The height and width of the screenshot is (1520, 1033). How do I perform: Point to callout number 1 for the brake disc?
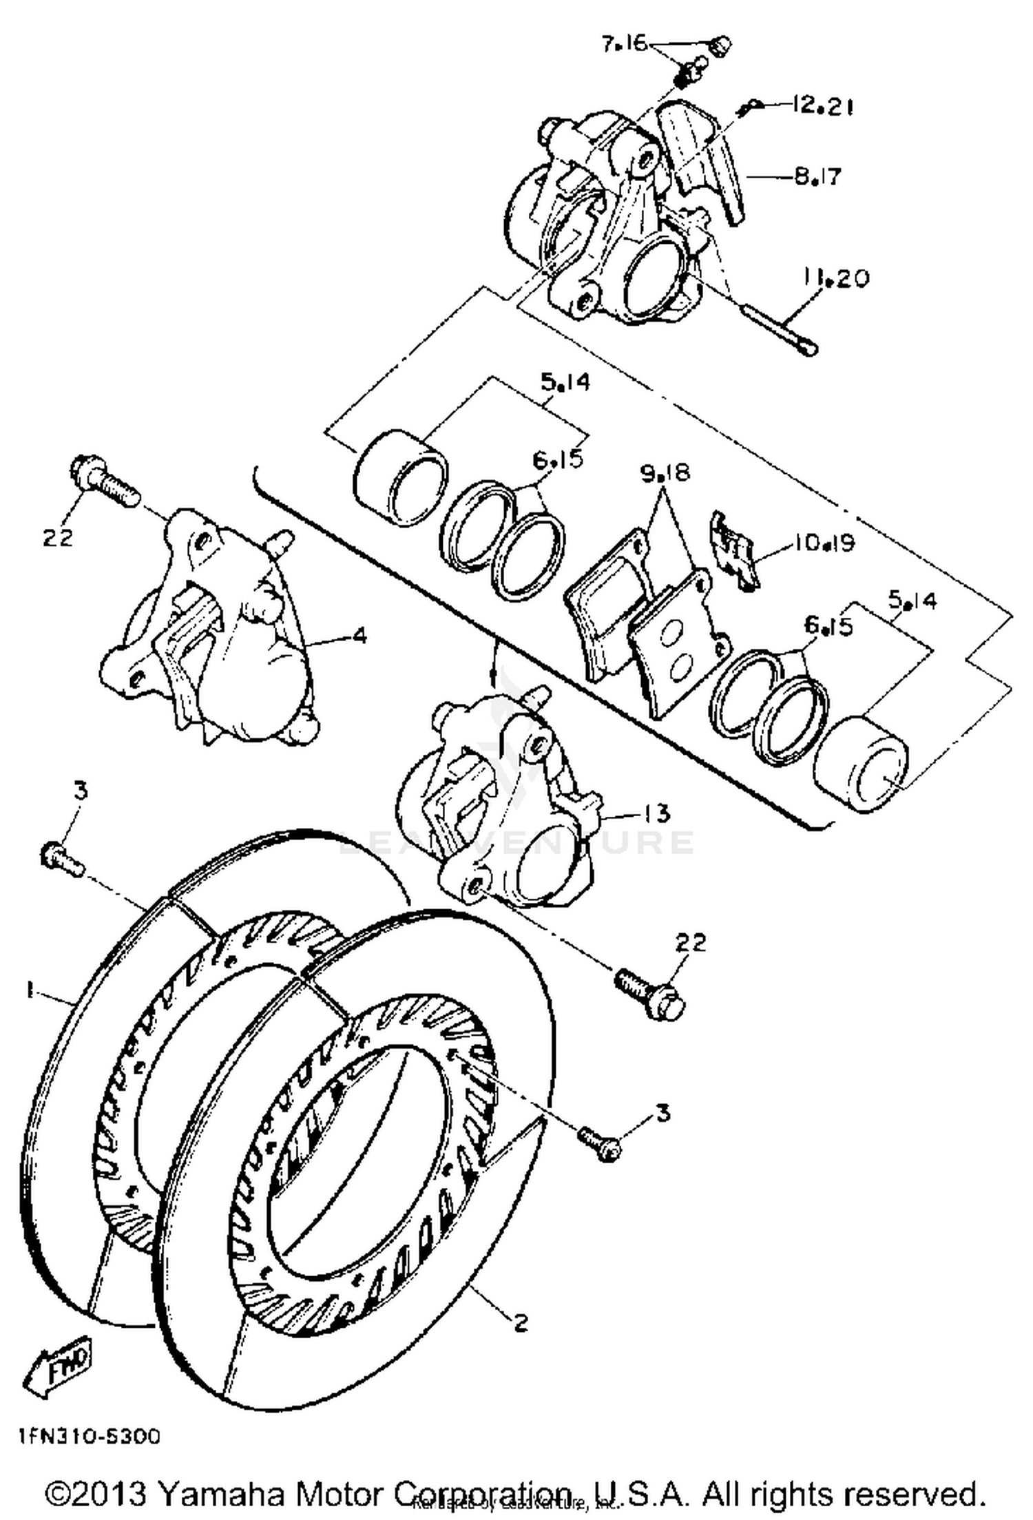[x=29, y=990]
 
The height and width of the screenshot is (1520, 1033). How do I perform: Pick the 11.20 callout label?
[x=835, y=278]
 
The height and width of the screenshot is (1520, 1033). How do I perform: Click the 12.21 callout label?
[x=822, y=106]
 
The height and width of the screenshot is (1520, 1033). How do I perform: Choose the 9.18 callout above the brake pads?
[x=665, y=474]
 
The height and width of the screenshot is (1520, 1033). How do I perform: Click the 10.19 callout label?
[x=824, y=543]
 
